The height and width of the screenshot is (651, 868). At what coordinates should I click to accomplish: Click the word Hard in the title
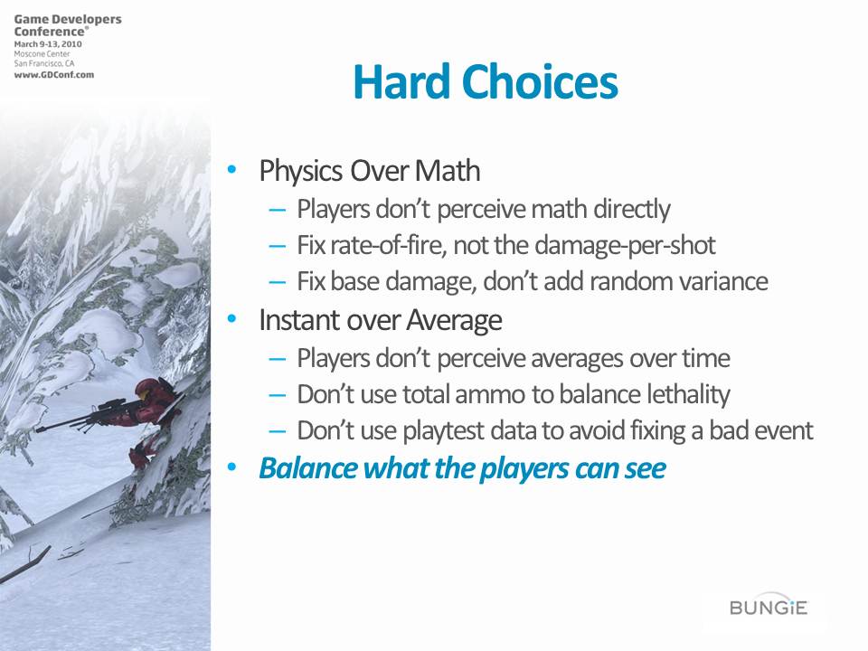[401, 81]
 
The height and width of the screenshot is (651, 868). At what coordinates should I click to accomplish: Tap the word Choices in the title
[540, 81]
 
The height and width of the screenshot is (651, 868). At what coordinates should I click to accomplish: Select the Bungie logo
[769, 608]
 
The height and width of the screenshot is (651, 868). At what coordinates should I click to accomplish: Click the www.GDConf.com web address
[53, 75]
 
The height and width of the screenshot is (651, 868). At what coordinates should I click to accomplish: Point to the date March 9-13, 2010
[48, 44]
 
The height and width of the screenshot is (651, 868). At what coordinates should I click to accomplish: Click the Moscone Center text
[42, 54]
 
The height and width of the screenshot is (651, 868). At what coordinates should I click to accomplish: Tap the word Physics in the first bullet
[301, 171]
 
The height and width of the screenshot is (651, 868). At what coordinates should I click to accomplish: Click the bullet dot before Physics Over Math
[232, 169]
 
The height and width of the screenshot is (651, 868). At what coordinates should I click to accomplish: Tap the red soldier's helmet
[147, 389]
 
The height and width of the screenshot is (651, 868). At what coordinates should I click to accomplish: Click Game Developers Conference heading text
[68, 25]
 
